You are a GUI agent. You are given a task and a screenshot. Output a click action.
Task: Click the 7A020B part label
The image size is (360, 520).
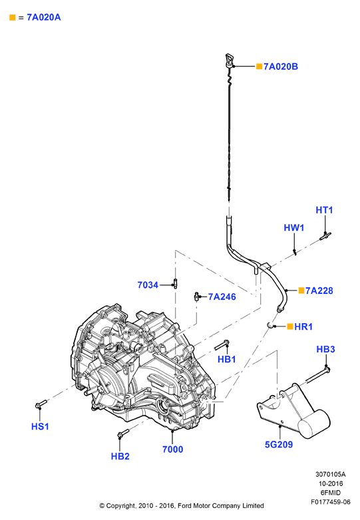(281, 66)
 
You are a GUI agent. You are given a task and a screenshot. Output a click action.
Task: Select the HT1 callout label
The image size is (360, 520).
(324, 210)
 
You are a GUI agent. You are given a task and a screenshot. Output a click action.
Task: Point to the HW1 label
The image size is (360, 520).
(294, 228)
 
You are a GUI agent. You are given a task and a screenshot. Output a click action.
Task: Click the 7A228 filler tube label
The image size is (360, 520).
(319, 291)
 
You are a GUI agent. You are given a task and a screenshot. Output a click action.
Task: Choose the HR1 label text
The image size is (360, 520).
(303, 326)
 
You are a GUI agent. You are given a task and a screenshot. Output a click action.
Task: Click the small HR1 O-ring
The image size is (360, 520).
(271, 326)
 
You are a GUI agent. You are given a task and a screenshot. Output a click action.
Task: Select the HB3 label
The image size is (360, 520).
(326, 349)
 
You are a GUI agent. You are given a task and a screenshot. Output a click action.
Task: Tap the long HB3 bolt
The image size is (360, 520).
(317, 375)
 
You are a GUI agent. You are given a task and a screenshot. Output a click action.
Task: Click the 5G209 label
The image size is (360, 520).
(279, 444)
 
